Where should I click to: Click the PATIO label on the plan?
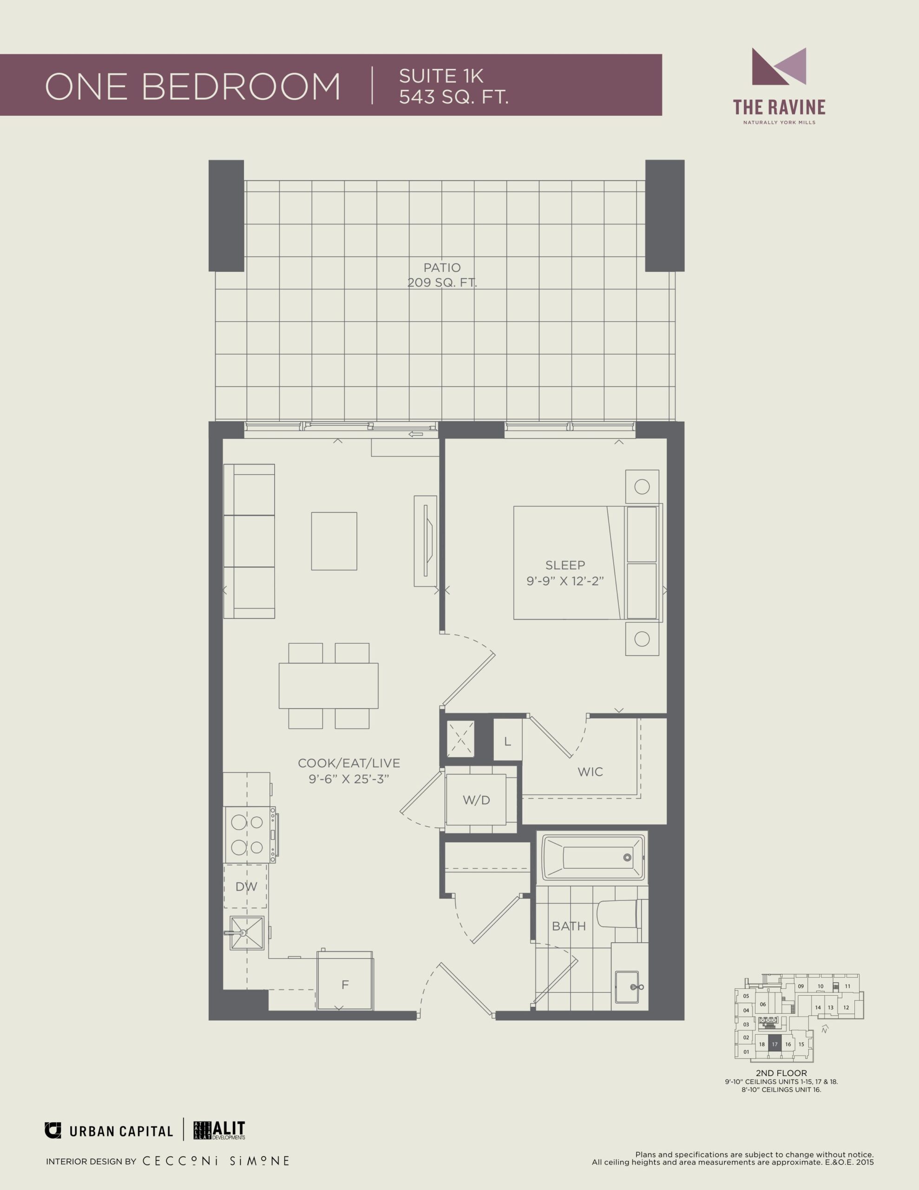coord(442,268)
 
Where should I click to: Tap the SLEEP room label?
coord(565,565)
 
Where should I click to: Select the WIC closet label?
coord(590,772)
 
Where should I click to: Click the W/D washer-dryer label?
coord(476,800)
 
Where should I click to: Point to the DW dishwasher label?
coord(246,886)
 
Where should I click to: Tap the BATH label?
coord(569,926)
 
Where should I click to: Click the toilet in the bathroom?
coord(621,914)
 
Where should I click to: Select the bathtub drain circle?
coord(628,858)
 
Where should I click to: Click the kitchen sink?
coord(247,933)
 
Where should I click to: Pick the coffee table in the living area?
coord(334,541)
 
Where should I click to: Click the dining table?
coord(328,686)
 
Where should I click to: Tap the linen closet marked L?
coord(508,740)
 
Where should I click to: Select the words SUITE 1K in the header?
coord(441,76)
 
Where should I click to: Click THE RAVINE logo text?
coord(779,107)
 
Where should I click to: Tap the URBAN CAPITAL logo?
coord(109,1131)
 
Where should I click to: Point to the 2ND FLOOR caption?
coord(781,1073)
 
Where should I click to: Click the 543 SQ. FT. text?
coord(454,97)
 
